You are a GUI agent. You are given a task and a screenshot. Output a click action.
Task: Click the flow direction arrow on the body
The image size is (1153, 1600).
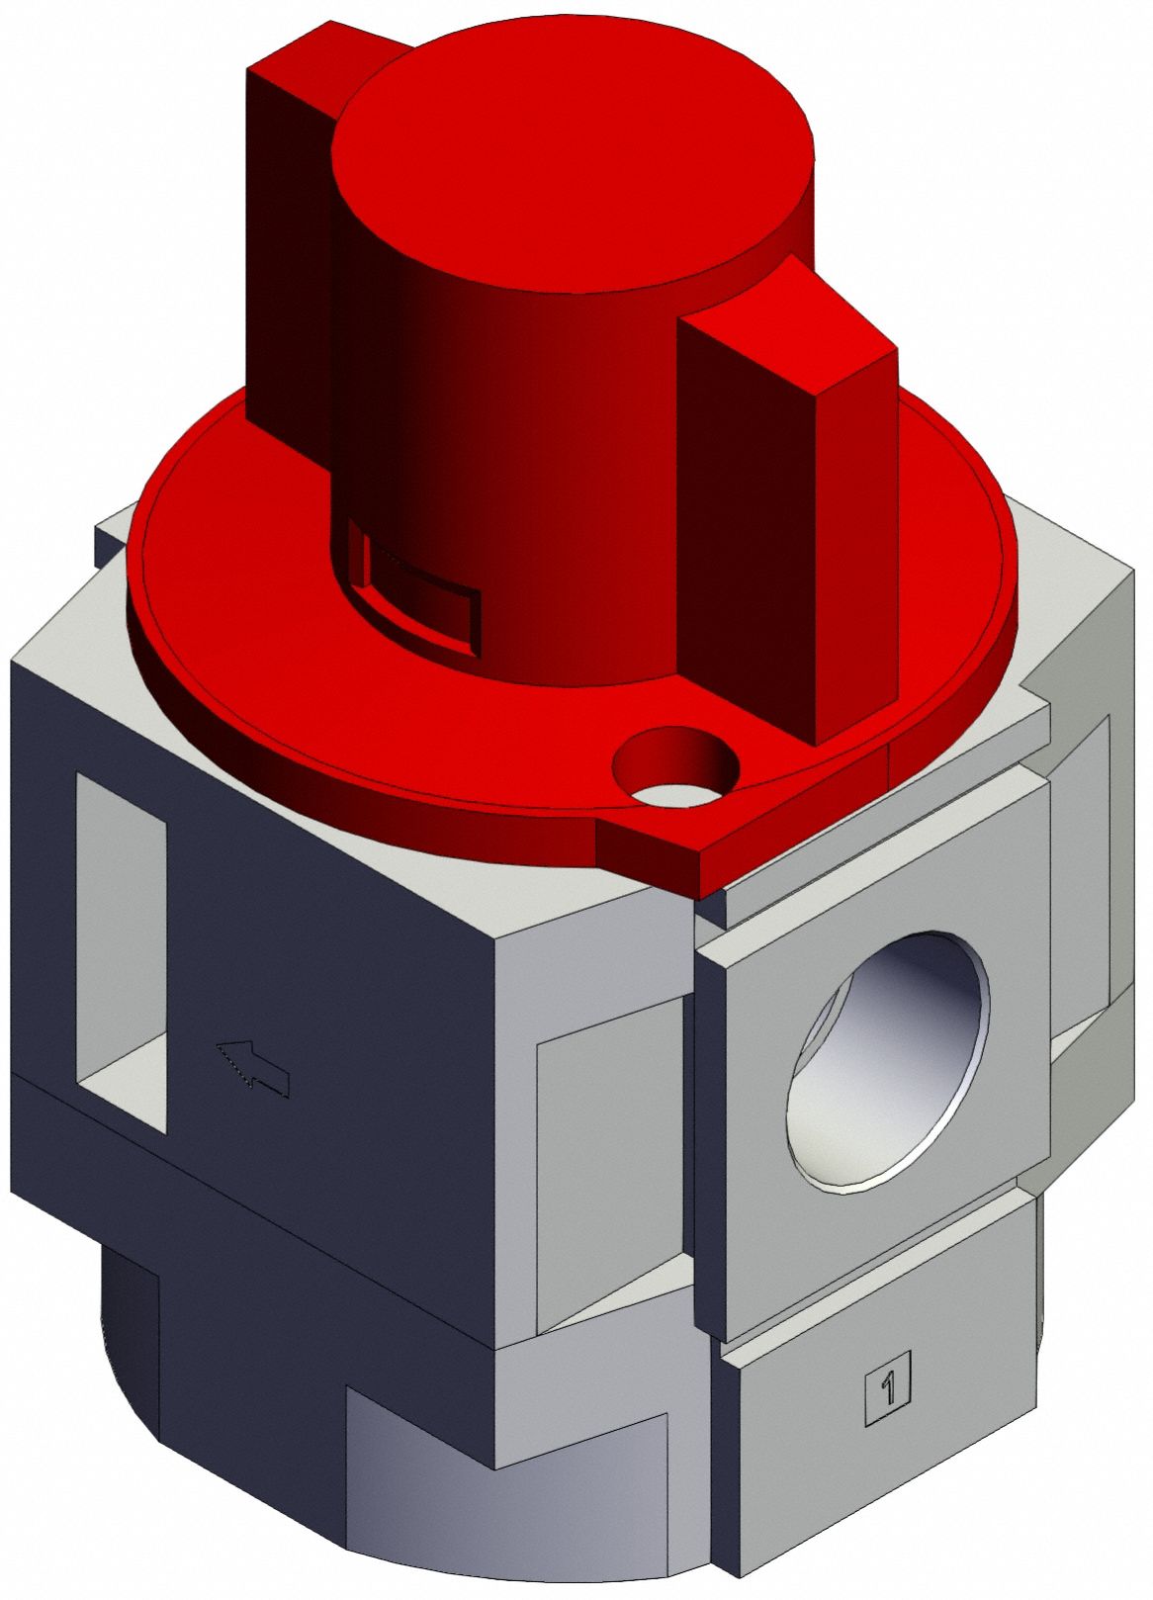point(253,1068)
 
